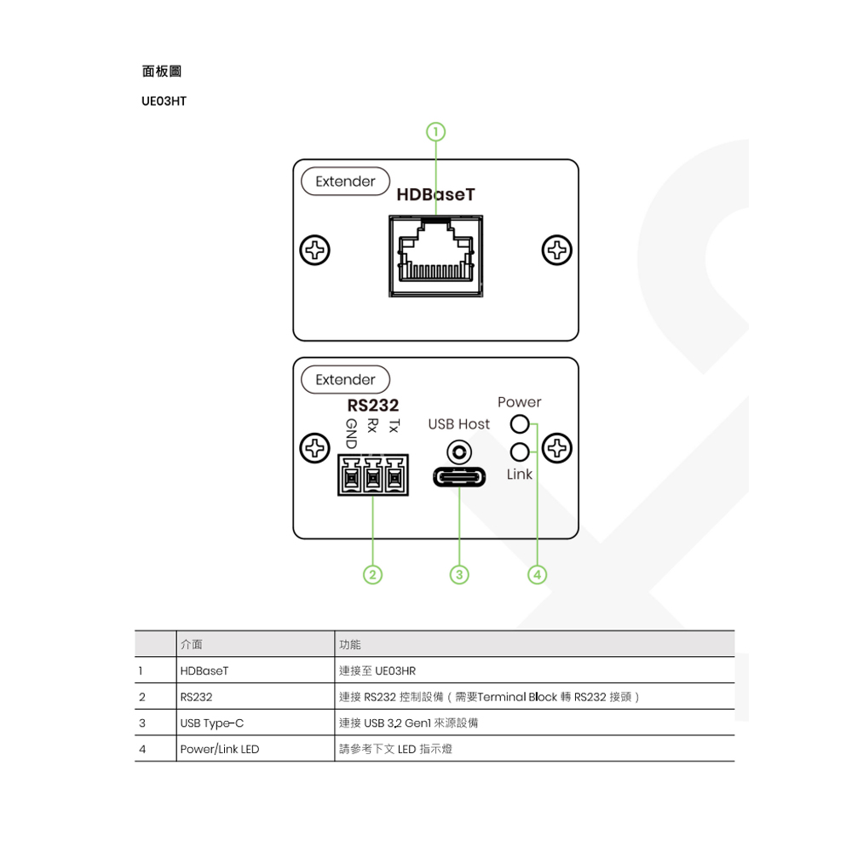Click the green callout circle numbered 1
tap(435, 132)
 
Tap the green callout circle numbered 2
tap(373, 574)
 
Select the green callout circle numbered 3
tap(459, 574)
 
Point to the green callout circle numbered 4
tap(538, 574)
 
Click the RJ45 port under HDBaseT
tap(435, 256)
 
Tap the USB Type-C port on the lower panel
tap(459, 478)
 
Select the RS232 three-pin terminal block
tap(373, 475)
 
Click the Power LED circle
tap(520, 423)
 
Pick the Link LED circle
tap(520, 452)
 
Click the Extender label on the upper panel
tap(346, 181)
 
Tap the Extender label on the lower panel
tap(346, 379)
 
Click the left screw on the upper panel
tap(315, 250)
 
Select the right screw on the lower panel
tap(557, 448)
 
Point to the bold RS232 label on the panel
tap(373, 405)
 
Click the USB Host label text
tap(458, 423)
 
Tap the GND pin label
tap(352, 433)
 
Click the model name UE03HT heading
tap(164, 101)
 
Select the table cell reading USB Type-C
tap(212, 723)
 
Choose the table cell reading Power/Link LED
tap(220, 749)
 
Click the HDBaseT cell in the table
tap(204, 671)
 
